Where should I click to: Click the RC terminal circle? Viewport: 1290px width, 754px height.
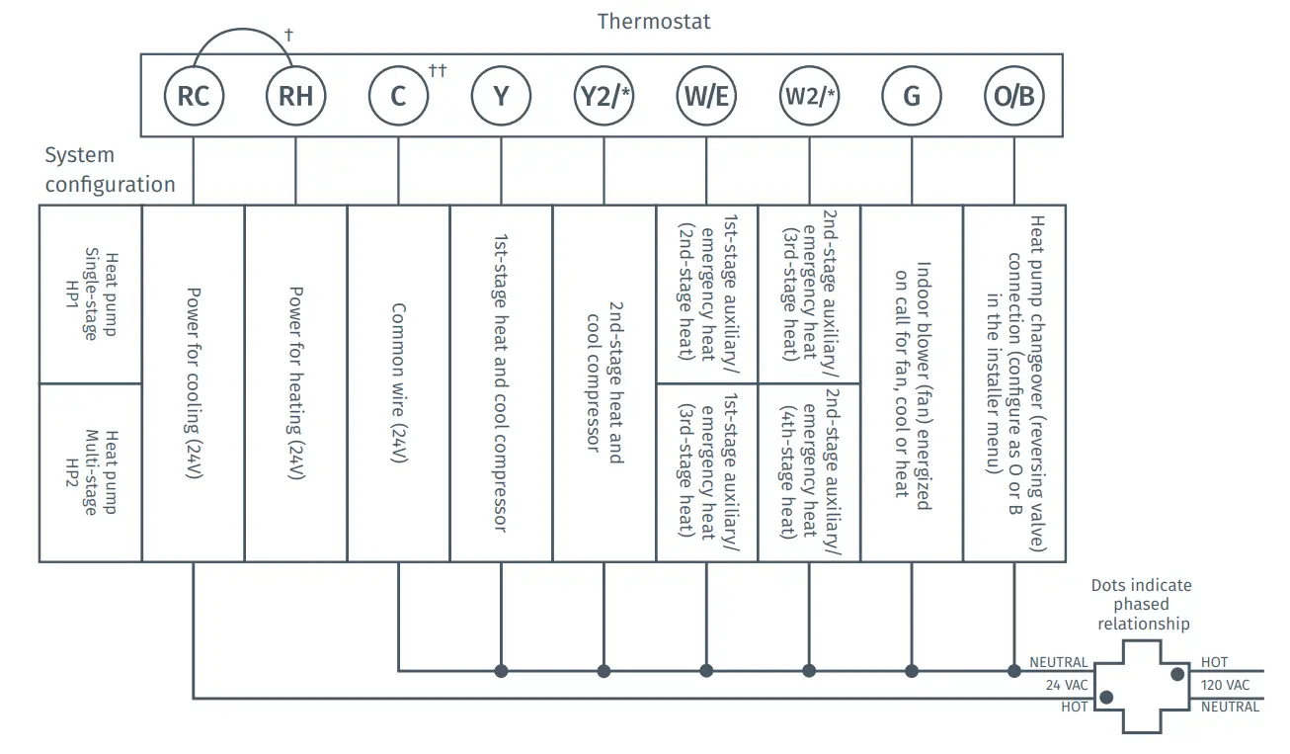[194, 96]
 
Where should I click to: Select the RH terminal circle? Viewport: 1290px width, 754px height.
[296, 96]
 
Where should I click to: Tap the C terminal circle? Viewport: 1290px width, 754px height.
[398, 96]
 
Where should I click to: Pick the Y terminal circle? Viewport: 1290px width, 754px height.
[501, 96]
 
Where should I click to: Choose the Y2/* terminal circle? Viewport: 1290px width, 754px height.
[604, 96]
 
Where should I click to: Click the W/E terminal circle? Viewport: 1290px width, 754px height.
[706, 96]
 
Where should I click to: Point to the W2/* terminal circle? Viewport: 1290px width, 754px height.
[810, 96]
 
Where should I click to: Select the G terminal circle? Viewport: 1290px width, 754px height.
[911, 96]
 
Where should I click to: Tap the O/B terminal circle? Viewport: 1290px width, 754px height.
[1014, 96]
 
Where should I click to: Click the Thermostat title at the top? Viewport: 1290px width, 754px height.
[654, 21]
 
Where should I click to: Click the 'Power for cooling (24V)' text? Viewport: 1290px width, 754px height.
[194, 383]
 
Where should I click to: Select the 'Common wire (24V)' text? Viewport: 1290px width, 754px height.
[398, 383]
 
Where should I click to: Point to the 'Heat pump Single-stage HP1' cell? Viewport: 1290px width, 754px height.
[90, 293]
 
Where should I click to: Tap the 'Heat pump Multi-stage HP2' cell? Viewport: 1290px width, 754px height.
[90, 472]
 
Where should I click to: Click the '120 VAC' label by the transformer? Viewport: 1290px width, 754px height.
[1225, 685]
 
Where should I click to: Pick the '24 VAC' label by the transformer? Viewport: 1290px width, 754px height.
[1066, 685]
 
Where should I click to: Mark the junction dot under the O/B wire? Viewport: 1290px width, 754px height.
[1014, 671]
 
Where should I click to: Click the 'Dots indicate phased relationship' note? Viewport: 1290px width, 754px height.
[1141, 604]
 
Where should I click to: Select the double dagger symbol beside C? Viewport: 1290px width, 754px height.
[438, 70]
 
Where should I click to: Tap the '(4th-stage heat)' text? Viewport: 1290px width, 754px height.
[788, 472]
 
